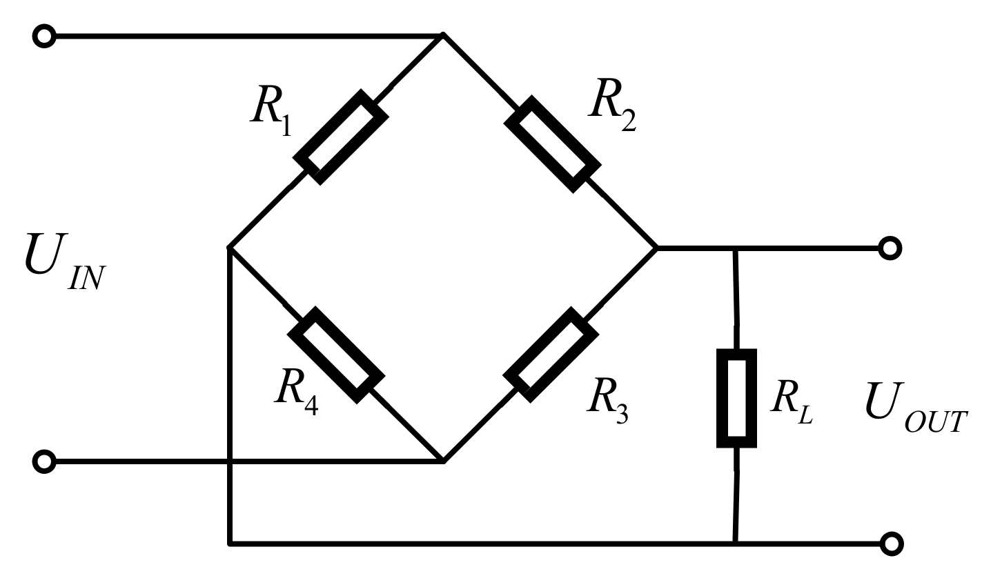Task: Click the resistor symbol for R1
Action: (341, 137)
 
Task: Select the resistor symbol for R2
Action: (552, 143)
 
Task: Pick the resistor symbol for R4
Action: (336, 355)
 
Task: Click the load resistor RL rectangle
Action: (736, 399)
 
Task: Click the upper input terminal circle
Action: (44, 36)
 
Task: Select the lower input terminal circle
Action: (44, 461)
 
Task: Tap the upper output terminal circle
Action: (890, 247)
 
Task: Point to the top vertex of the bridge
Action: (443, 34)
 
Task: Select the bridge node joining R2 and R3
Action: (656, 247)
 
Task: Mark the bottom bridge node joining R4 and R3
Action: (443, 461)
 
